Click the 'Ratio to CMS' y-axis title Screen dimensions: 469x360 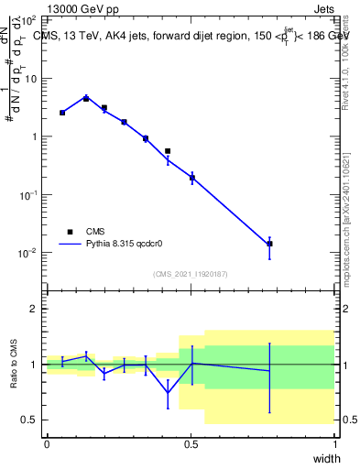(14, 365)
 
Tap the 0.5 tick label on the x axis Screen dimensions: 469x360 (191, 444)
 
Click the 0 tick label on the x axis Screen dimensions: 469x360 (47, 444)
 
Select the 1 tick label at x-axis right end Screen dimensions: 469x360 (334, 444)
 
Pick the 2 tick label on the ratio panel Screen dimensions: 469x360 (34, 309)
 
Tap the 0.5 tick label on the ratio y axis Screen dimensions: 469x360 (30, 420)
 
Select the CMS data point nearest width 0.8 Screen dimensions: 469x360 (269, 244)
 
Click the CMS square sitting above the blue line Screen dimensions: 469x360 (168, 151)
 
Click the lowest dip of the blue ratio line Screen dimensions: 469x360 (168, 394)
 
